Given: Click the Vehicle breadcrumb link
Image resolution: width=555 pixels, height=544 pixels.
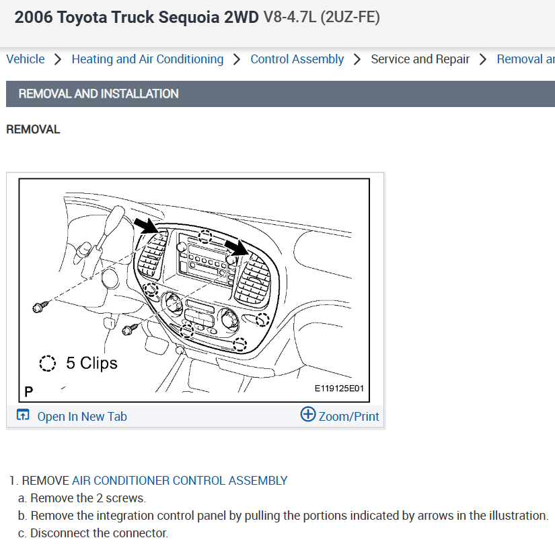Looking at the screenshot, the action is (26, 59).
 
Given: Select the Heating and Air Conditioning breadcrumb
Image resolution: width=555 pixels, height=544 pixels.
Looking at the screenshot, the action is (147, 59).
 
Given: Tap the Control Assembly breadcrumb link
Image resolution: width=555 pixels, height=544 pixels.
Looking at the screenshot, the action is (297, 59).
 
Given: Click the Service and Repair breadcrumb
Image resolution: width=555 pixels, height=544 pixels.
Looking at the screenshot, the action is (420, 59).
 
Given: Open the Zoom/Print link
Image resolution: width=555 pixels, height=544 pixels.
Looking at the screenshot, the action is (348, 417).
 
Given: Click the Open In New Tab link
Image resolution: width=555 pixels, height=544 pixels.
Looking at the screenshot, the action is (82, 417).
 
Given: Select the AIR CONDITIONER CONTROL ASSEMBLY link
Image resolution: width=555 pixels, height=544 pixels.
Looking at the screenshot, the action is (180, 481).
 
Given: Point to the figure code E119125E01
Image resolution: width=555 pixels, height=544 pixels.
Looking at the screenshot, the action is (339, 388).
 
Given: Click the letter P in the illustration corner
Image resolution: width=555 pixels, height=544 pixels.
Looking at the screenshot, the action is (29, 391).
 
